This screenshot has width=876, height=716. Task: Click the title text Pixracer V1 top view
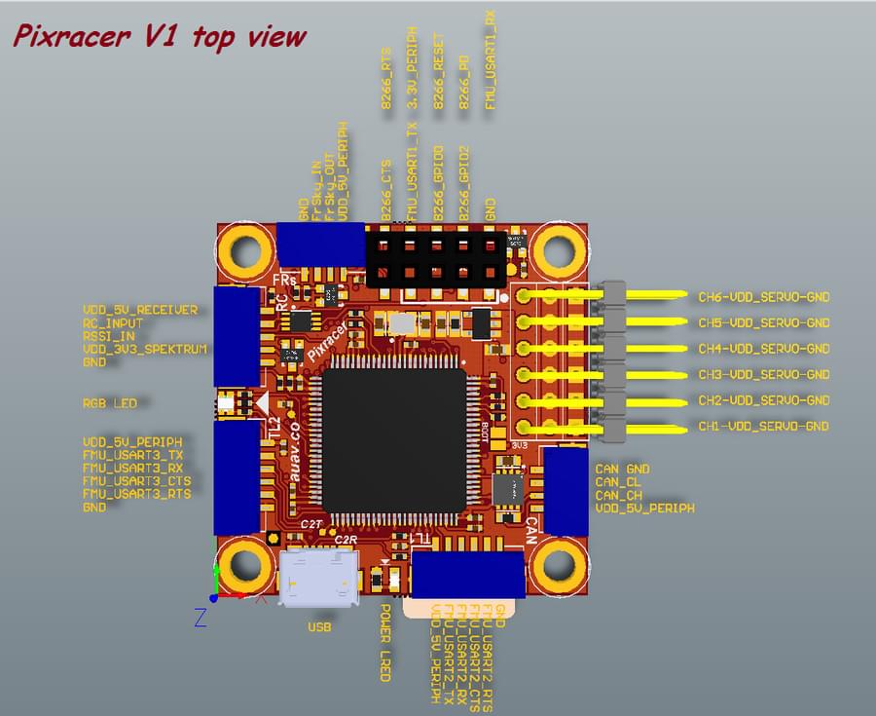159,37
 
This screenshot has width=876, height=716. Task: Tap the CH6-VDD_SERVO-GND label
763,296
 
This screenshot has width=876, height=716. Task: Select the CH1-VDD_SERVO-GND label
763,426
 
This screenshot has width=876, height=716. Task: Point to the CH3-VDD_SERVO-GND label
763,374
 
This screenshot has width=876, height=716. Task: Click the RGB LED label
110,402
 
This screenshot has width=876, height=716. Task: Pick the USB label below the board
318,627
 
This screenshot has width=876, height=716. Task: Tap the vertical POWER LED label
384,642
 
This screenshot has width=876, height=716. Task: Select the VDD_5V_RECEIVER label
140,310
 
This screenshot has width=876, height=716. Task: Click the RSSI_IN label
108,335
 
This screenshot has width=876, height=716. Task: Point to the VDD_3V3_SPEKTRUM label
145,348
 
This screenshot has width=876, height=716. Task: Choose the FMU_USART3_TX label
132,455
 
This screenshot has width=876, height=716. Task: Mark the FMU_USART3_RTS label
136,494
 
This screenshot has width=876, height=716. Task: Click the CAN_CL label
618,481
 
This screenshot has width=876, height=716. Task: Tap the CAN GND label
622,469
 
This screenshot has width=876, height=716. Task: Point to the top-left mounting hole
243,250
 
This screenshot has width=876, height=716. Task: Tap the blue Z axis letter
200,618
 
